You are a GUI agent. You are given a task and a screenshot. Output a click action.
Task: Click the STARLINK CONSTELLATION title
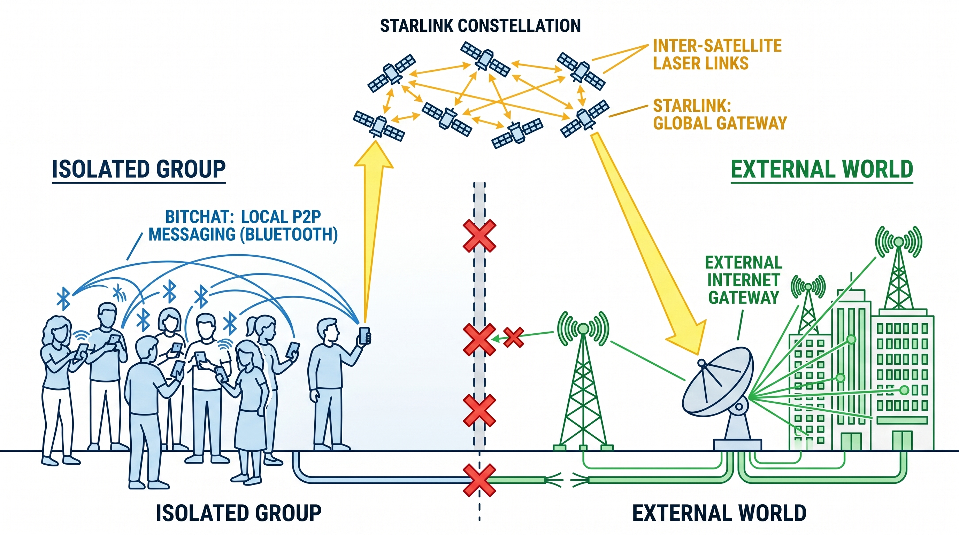[480, 26]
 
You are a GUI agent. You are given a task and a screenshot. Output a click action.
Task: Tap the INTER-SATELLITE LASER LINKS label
[717, 54]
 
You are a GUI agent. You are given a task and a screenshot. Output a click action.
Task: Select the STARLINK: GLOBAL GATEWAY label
[720, 114]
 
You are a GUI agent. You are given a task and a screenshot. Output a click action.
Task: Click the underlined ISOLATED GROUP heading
[139, 169]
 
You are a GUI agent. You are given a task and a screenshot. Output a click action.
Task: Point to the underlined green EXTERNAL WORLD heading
[822, 169]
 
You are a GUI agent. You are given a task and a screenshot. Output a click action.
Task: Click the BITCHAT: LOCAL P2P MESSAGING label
[243, 225]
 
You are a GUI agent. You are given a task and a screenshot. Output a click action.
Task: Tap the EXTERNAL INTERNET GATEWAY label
[743, 280]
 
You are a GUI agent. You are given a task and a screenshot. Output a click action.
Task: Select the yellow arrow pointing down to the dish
[648, 242]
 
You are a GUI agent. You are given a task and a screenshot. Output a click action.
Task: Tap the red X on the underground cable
[479, 480]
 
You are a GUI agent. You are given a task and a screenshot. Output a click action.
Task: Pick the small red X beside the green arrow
[513, 338]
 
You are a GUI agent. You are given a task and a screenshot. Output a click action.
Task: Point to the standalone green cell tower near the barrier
[583, 383]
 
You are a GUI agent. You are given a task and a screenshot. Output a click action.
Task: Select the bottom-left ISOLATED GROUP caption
[238, 513]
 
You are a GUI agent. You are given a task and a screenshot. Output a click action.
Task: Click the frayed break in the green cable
[567, 480]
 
